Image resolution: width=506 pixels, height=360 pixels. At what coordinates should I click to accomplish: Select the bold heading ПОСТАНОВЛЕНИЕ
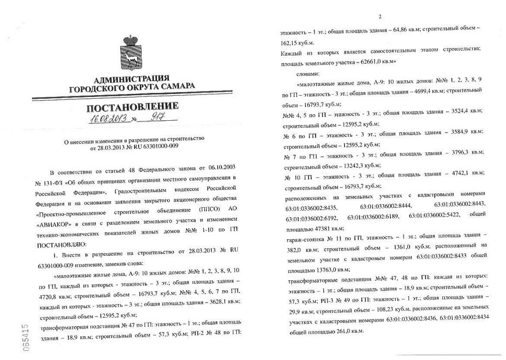coord(131,108)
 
